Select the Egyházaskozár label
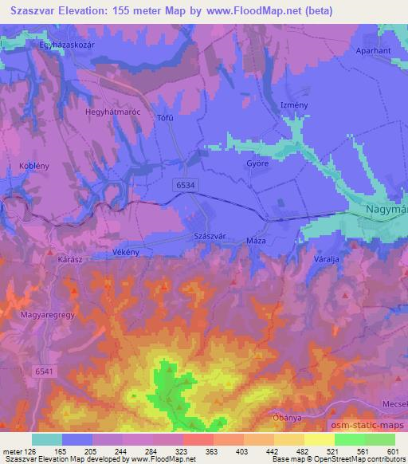(67, 45)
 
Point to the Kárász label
(71, 260)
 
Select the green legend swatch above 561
(350, 439)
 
